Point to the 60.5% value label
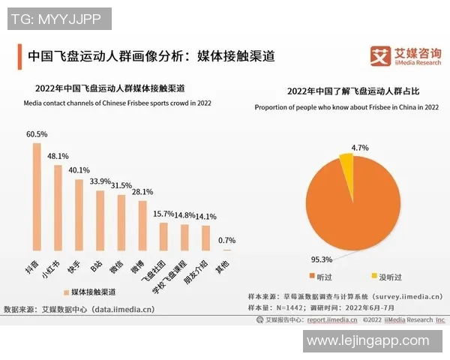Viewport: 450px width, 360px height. [x=37, y=134]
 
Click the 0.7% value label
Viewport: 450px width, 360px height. [x=226, y=241]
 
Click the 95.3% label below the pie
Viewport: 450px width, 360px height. [x=321, y=259]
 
